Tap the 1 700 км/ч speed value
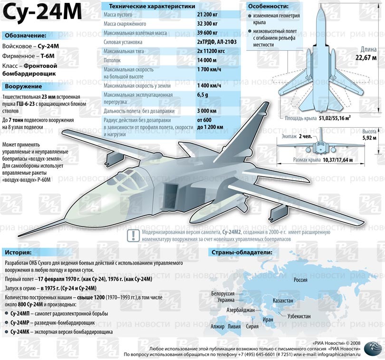point(209,70)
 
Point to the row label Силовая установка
point(123,42)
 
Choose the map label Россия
point(300,280)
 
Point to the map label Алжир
point(217,327)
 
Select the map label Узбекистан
point(298,316)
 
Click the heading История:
point(19,252)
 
